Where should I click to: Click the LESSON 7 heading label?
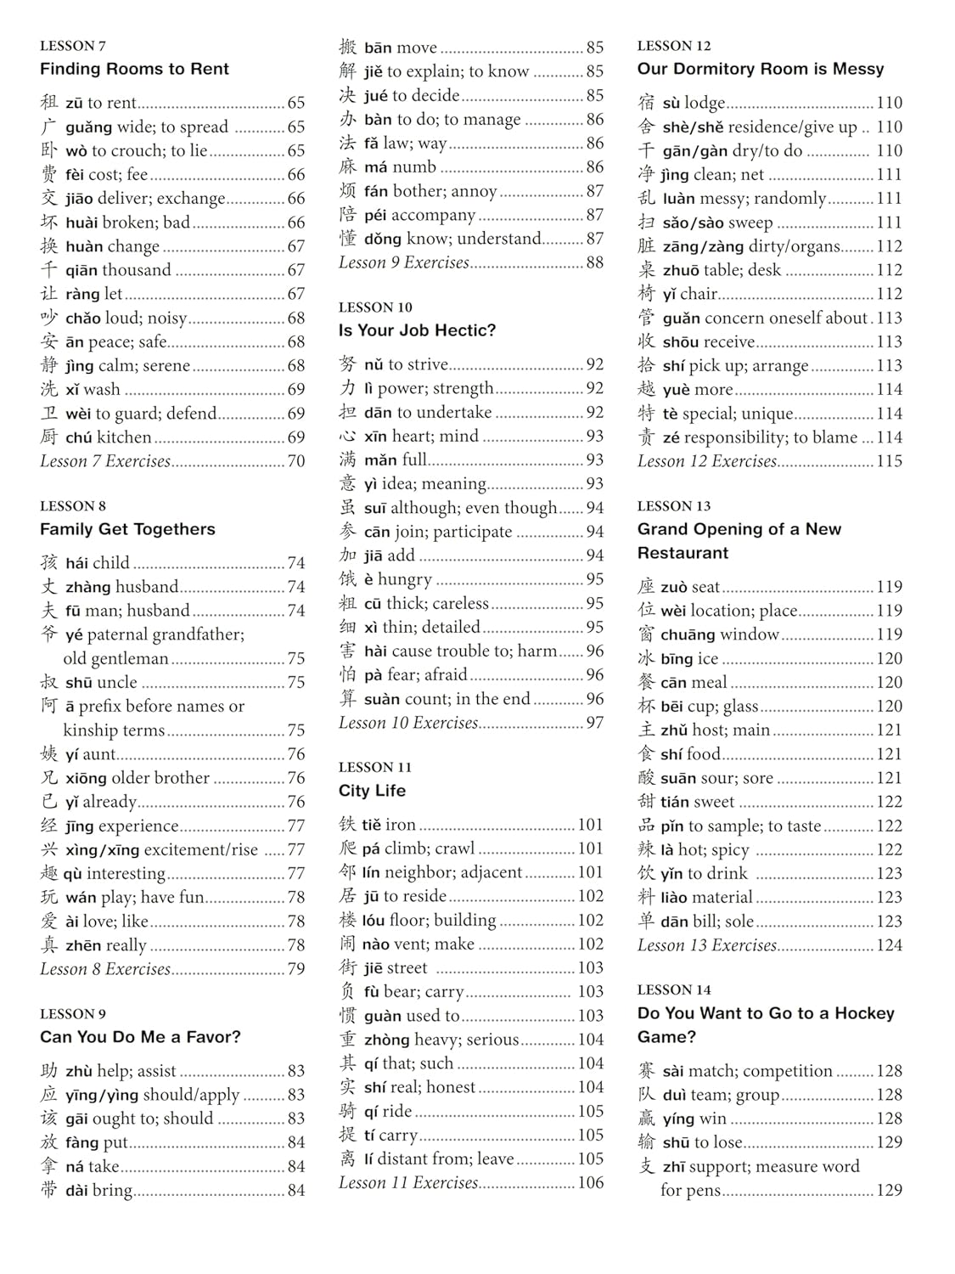coord(73,46)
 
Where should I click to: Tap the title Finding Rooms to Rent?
coord(134,69)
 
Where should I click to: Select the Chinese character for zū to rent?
coord(49,103)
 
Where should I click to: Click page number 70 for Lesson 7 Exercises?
coord(295,461)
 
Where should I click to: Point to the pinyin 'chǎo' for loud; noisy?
coord(82,318)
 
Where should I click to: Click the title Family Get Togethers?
coord(127,529)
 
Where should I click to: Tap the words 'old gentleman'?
coord(115,658)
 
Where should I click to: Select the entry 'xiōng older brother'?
coord(136,778)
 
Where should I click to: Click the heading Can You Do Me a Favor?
coord(140,1037)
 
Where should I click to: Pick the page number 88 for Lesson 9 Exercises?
coord(594,262)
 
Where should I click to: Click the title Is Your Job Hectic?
coord(417,330)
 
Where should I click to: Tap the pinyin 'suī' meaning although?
coord(374,508)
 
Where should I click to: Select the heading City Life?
coord(372,791)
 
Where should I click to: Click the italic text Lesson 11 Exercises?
coord(408,1183)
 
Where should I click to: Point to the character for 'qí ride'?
coord(347,1111)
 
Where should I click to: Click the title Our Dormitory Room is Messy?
coord(761,69)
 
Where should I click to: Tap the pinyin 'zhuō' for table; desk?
coord(681,270)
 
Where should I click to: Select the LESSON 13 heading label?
coord(674,506)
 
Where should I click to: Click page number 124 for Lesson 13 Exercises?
coord(889,945)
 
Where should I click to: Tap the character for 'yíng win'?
coord(647,1119)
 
